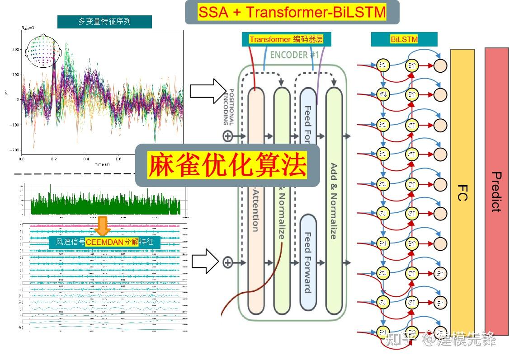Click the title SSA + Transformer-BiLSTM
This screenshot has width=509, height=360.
(x=292, y=12)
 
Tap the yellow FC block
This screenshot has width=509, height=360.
(x=462, y=192)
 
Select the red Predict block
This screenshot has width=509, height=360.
(x=496, y=192)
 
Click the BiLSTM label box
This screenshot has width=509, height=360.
(x=404, y=39)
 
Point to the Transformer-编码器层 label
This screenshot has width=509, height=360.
(x=286, y=39)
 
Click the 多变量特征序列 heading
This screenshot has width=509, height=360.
(x=104, y=22)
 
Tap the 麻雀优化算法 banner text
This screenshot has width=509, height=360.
(x=227, y=165)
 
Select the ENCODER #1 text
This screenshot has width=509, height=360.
(x=294, y=55)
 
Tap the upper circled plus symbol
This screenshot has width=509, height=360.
(x=227, y=136)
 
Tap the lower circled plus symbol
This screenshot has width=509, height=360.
(x=227, y=262)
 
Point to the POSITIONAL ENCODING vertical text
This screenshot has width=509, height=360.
(x=229, y=106)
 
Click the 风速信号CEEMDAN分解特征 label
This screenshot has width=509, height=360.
(x=104, y=242)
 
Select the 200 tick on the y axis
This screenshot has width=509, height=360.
(x=16, y=49)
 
